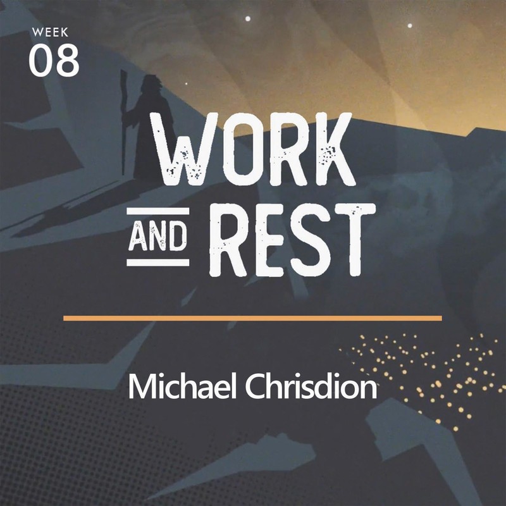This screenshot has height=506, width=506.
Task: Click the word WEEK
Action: [x=50, y=32]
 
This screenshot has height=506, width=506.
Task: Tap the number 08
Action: [x=54, y=61]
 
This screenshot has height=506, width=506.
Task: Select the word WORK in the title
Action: [x=254, y=149]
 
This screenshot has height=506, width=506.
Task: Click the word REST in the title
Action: [x=292, y=240]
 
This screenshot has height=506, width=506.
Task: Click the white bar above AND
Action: [x=157, y=211]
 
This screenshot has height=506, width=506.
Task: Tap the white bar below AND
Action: [x=157, y=262]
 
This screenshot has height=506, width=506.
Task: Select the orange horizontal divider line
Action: [x=252, y=319]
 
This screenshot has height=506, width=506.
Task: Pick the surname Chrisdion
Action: [x=311, y=386]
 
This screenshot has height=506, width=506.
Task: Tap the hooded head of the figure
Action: [x=151, y=85]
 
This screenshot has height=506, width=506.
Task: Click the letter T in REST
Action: [x=355, y=240]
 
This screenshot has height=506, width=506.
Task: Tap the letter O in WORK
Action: [x=240, y=149]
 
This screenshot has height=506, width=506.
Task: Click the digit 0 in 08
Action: [x=40, y=61]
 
